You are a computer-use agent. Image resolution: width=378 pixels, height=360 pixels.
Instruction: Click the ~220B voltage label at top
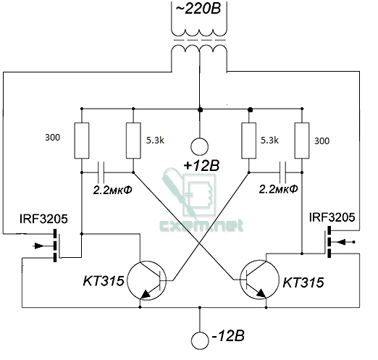click(198, 9)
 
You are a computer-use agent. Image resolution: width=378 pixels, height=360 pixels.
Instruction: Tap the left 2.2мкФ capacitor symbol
click(101, 172)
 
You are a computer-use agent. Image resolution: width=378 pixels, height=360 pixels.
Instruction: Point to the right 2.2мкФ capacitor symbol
click(282, 172)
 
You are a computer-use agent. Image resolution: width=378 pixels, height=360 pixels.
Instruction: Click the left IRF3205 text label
click(43, 219)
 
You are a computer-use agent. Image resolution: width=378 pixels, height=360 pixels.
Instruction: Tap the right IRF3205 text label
click(332, 217)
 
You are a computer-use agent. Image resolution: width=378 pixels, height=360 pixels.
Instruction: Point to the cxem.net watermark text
click(201, 225)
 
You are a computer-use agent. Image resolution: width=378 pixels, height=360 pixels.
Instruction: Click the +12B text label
click(201, 166)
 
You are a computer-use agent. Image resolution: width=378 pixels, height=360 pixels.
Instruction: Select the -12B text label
click(228, 336)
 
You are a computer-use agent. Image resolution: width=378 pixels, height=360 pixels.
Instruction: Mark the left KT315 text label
click(104, 281)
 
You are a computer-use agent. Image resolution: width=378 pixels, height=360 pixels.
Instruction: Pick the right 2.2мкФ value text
click(279, 189)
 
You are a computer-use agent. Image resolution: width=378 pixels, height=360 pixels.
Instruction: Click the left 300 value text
click(52, 138)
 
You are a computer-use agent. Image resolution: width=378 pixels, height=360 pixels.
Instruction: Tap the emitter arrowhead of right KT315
click(261, 294)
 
